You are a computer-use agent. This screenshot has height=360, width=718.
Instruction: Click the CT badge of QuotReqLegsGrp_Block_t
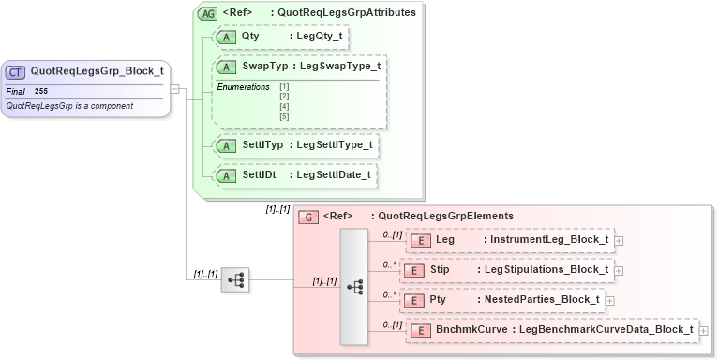(x=16, y=70)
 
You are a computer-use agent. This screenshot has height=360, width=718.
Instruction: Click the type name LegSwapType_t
(x=337, y=67)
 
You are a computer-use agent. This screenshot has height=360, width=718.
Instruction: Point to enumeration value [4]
(x=284, y=106)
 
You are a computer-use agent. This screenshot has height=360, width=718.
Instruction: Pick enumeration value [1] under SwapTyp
(x=284, y=87)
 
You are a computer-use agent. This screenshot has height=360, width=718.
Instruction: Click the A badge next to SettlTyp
(x=227, y=145)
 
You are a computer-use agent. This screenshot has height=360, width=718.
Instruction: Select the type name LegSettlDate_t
(x=334, y=174)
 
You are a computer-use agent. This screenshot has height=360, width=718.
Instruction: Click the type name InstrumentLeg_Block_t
(x=546, y=240)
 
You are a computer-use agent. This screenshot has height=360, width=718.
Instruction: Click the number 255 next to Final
(x=41, y=91)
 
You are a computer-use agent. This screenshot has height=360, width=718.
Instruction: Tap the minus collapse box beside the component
(x=175, y=88)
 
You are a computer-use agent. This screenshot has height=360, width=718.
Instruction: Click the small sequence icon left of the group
(x=235, y=279)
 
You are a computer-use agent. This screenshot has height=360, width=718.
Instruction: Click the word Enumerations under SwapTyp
(x=244, y=87)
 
